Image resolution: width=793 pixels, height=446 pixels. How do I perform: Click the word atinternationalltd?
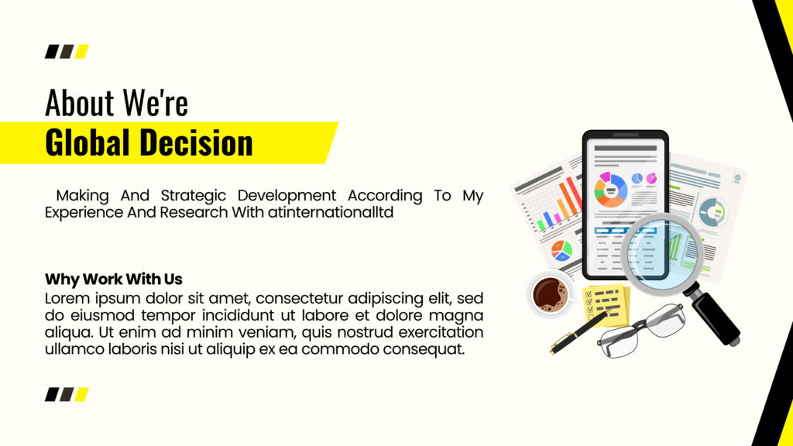point(331,212)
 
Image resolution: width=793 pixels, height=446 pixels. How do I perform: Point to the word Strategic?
point(193,196)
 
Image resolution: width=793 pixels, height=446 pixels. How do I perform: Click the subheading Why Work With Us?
point(114,279)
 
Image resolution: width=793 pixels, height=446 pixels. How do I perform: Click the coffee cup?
point(551,294)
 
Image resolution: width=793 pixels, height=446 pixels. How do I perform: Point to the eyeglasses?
point(640,331)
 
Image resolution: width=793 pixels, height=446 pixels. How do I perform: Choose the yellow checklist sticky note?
point(606,305)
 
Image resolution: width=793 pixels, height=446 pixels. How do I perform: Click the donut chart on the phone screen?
point(610,190)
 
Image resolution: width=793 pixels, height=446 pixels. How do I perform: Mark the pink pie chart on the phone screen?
point(651,178)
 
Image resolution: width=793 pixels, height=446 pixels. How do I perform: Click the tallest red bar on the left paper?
point(575,193)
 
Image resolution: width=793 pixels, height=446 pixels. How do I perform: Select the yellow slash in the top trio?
point(81,52)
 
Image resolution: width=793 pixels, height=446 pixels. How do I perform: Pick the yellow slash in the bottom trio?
point(81,394)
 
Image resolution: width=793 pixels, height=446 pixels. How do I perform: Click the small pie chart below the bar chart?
point(561,250)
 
